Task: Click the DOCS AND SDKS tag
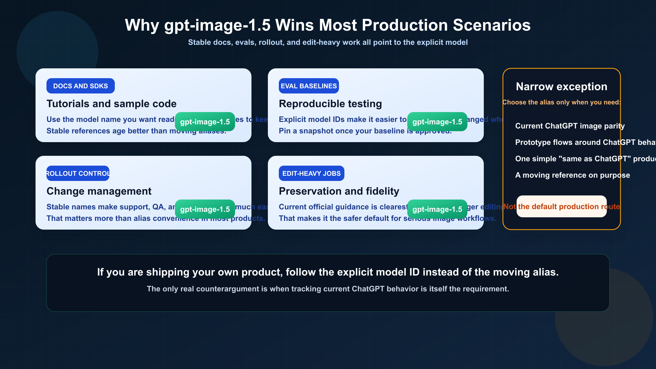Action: pyautogui.click(x=80, y=86)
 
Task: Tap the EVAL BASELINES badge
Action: pyautogui.click(x=309, y=86)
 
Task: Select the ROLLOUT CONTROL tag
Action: pyautogui.click(x=78, y=173)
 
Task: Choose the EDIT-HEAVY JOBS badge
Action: pyautogui.click(x=311, y=173)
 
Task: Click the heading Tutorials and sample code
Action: pyautogui.click(x=112, y=104)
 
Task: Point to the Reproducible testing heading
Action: pyautogui.click(x=330, y=104)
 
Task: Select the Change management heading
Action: pyautogui.click(x=99, y=191)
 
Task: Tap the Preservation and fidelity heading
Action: pyautogui.click(x=339, y=191)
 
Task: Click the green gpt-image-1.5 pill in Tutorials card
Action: pyautogui.click(x=205, y=122)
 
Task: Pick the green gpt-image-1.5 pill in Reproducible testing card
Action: pyautogui.click(x=437, y=122)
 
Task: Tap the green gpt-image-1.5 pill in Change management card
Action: pyautogui.click(x=205, y=209)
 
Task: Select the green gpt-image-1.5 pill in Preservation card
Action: pyautogui.click(x=437, y=209)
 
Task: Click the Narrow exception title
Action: pyautogui.click(x=561, y=87)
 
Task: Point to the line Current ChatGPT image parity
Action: pyautogui.click(x=570, y=126)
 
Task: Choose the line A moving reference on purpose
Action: pyautogui.click(x=572, y=175)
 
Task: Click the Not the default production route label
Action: pyautogui.click(x=561, y=207)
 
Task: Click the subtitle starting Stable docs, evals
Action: pyautogui.click(x=328, y=42)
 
